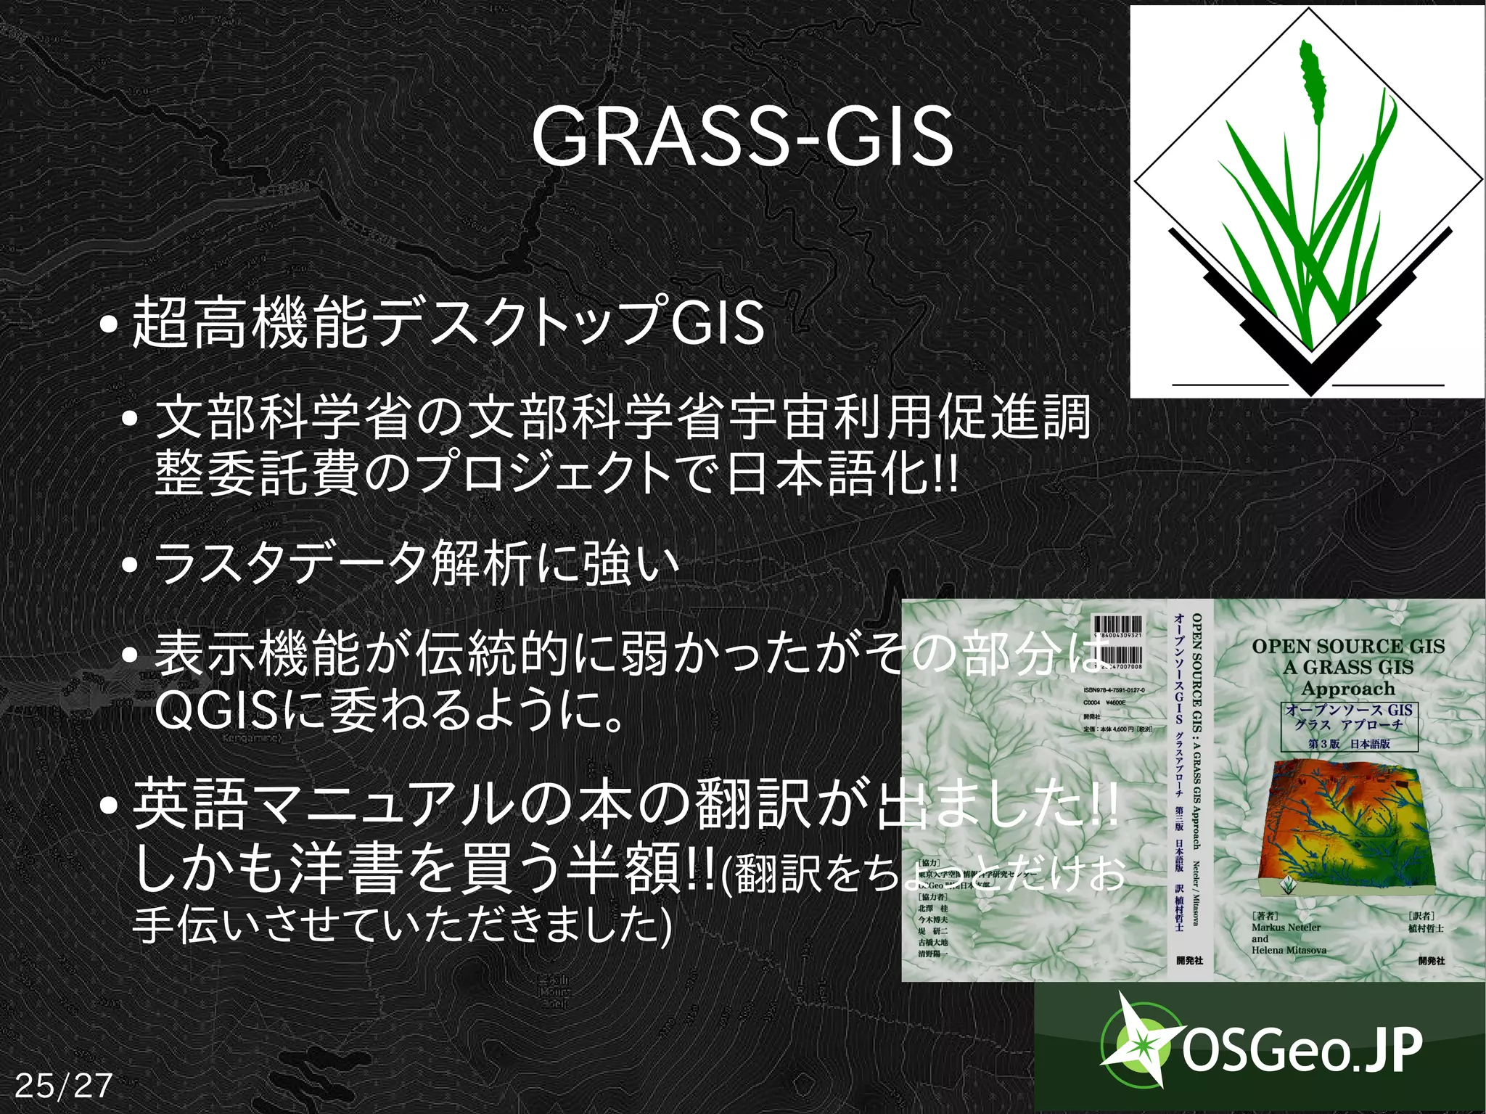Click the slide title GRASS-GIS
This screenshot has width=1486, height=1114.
[742, 136]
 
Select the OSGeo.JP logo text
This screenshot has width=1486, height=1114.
[1302, 1050]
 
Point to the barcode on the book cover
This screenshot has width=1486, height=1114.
[1117, 628]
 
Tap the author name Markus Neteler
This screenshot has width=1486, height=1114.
[1286, 927]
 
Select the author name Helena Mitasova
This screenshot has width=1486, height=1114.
[1289, 950]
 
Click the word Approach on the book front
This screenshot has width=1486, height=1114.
[1347, 688]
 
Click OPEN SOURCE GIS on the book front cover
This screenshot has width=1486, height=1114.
[1347, 646]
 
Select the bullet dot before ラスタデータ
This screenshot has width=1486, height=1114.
[131, 566]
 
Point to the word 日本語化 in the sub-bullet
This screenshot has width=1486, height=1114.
[828, 474]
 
